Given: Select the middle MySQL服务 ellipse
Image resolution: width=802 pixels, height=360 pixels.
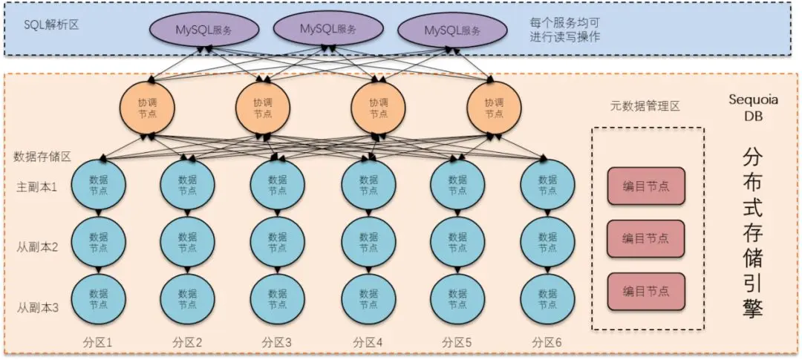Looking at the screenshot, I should point(327,28).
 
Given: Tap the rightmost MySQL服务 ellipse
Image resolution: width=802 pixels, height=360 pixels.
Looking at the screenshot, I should point(452,30).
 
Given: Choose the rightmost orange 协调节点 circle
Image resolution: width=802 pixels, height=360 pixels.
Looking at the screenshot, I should point(494,108).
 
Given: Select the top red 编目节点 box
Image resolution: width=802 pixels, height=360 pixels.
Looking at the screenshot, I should point(645,186).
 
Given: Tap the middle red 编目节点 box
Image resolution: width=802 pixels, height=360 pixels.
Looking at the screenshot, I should point(645,238).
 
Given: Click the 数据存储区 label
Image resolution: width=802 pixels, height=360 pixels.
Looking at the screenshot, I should point(42,157).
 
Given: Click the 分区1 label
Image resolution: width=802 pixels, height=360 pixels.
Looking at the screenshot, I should point(97,343).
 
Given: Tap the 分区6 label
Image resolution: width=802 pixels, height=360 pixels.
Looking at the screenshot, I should point(547,343).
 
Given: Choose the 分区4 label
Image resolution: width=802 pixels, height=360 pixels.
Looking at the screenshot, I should point(368,343).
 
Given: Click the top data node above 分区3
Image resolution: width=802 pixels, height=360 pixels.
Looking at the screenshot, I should point(277,185).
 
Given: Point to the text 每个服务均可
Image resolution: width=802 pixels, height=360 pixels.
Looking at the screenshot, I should point(559,22).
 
